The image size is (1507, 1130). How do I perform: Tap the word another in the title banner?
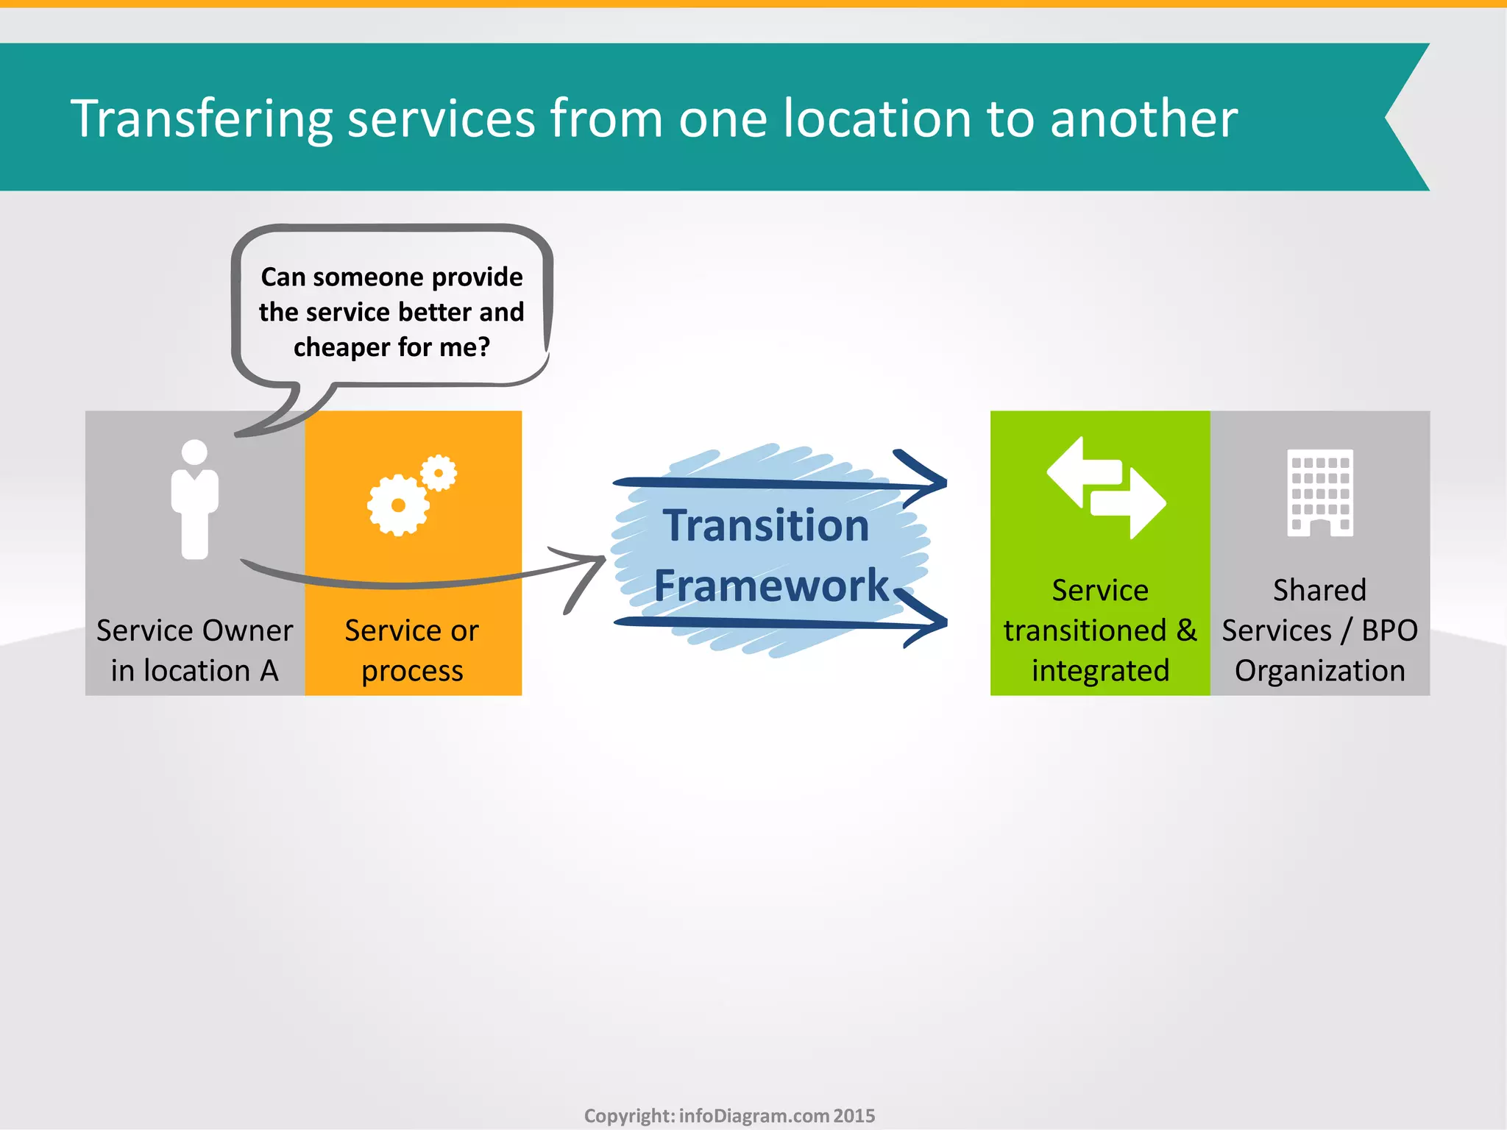[x=1143, y=119]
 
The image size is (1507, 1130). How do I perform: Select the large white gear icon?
[x=398, y=505]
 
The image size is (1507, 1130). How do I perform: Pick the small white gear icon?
[x=439, y=473]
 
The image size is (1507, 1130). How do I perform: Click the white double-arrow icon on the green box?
[x=1106, y=488]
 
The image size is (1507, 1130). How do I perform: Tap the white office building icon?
[x=1320, y=492]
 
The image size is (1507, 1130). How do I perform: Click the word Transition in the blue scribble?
[x=766, y=526]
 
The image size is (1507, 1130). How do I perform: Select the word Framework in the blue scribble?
[x=771, y=586]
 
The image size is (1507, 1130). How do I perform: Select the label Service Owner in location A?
[x=194, y=650]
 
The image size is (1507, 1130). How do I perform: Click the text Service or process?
[x=412, y=650]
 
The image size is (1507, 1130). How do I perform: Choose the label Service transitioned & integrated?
[x=1100, y=630]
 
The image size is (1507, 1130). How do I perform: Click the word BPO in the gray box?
[x=1389, y=630]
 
